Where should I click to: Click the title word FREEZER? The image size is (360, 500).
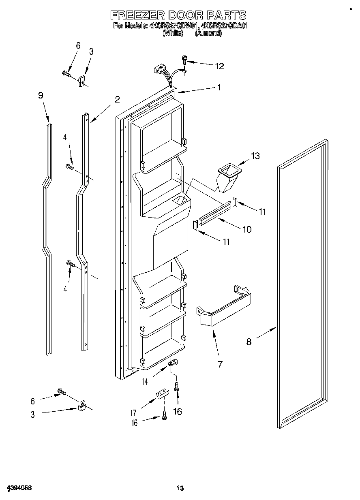point(138,15)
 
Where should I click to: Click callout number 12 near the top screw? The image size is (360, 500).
point(219,66)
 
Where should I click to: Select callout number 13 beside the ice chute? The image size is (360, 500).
point(255,156)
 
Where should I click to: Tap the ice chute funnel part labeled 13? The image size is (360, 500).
point(227,177)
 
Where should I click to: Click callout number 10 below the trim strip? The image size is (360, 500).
point(246,229)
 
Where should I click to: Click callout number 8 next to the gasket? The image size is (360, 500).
point(249,342)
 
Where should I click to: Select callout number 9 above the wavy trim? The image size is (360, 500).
point(41,96)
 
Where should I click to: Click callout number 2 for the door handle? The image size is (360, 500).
point(117,99)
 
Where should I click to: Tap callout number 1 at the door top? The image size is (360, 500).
point(219,87)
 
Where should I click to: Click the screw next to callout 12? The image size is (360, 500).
point(184,60)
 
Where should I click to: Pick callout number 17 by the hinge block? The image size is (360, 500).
point(133,413)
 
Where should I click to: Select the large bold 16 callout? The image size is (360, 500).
point(177,412)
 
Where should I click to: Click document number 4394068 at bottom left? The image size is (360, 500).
point(19,487)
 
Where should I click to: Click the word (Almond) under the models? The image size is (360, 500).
point(208,34)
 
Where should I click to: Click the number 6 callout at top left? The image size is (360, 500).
point(78,45)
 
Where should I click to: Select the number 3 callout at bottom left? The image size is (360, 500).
point(32,414)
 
